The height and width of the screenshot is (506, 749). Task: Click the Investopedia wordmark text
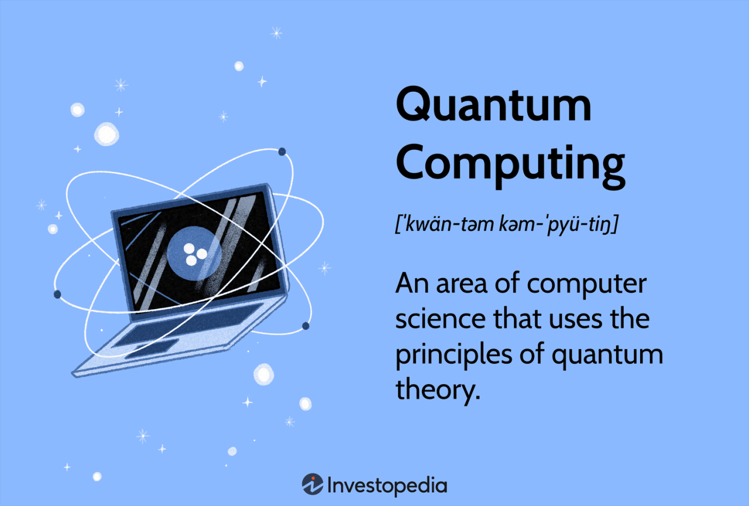[387, 486]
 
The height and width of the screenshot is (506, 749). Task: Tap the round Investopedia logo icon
[312, 484]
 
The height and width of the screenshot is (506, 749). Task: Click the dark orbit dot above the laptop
[282, 152]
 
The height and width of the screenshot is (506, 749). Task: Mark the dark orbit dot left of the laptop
[57, 294]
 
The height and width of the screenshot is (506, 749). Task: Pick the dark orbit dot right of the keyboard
[305, 326]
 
